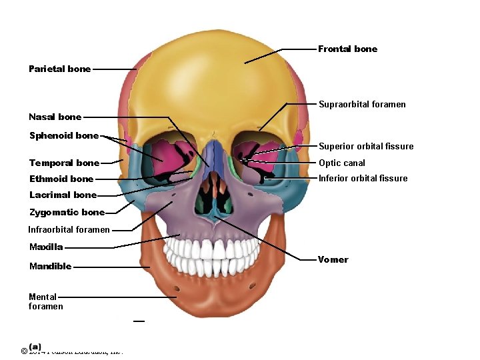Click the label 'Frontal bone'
[347, 49]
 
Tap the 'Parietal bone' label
[59, 69]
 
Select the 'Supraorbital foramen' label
[362, 105]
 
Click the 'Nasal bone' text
[55, 117]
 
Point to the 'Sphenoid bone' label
[63, 136]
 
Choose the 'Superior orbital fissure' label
[366, 147]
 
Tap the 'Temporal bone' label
[64, 163]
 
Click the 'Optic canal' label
[342, 163]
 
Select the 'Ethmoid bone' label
[61, 179]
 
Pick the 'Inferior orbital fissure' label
[363, 178]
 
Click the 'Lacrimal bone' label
[63, 195]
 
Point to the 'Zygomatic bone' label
[67, 213]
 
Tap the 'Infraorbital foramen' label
[69, 230]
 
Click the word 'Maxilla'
[46, 247]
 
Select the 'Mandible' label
[50, 267]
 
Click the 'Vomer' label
[333, 259]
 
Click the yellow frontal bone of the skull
[213, 80]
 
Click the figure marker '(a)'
[35, 347]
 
